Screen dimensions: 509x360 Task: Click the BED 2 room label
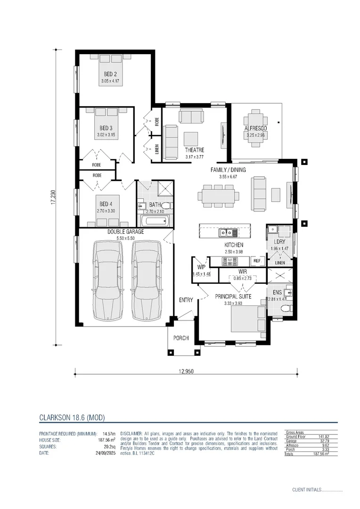pos(111,74)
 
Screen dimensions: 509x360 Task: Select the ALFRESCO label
pos(256,129)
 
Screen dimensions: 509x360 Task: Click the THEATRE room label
pos(194,150)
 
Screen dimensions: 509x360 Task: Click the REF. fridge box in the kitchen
pos(257,261)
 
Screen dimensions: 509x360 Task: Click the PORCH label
pos(181,338)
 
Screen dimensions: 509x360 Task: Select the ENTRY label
pos(186,300)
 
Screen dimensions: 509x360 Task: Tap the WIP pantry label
pos(201,267)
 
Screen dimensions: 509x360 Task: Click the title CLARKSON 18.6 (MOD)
pos(71,418)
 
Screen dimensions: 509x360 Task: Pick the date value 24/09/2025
pos(105,453)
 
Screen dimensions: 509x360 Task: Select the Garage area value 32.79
pos(323,441)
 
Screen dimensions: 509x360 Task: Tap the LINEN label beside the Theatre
pos(156,150)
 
